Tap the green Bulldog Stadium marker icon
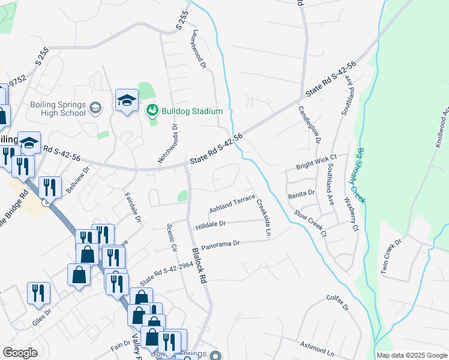152,110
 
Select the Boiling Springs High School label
58,109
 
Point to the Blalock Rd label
199,268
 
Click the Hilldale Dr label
210,224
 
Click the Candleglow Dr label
309,124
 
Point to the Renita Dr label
301,193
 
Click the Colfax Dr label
337,301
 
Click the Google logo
20,352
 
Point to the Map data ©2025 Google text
411,355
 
